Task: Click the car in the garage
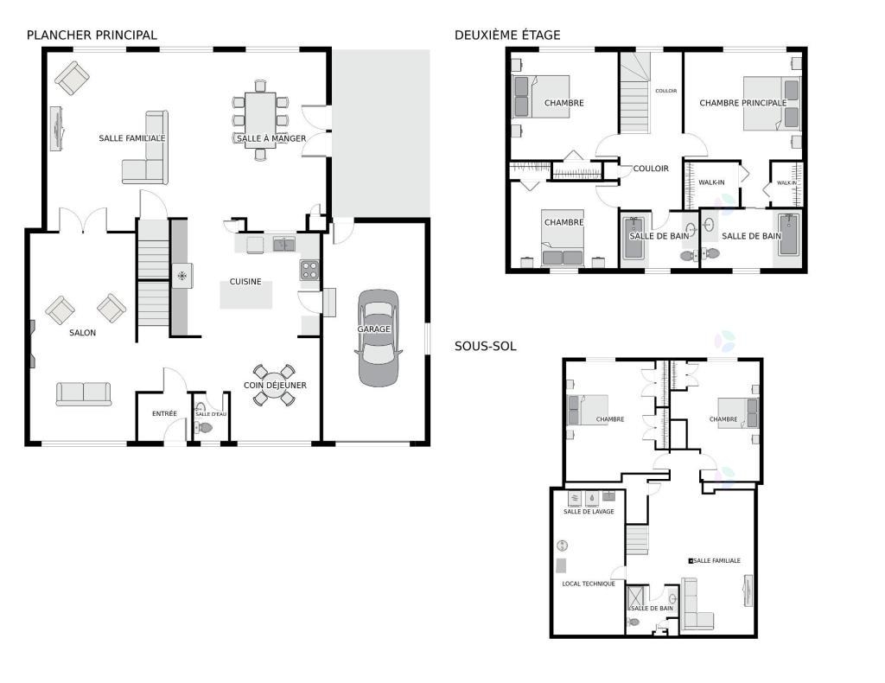coord(378,338)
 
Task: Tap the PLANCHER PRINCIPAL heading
coord(92,35)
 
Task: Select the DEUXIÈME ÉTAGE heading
coord(507,35)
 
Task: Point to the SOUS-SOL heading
coord(486,346)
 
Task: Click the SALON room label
coord(82,333)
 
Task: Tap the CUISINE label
coord(245,282)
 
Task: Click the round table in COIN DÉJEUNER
coord(274,385)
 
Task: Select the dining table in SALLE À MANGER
coord(260,119)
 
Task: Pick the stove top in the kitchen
coord(309,271)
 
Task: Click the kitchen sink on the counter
coord(283,245)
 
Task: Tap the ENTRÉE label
coord(164,414)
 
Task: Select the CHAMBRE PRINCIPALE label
coord(742,103)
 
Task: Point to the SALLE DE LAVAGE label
coord(589,512)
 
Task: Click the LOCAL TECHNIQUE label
coord(589,584)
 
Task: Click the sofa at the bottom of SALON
coord(84,394)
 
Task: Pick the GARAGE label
coord(373,329)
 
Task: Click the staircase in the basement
coord(637,539)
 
